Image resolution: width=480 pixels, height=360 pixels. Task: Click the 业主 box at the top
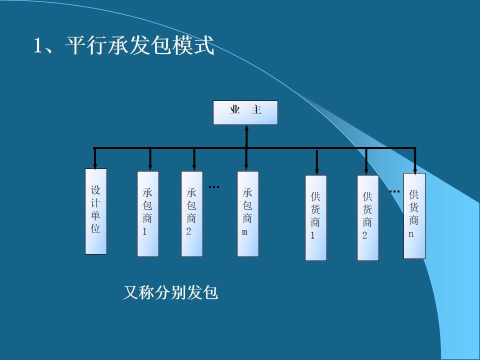tap(245, 112)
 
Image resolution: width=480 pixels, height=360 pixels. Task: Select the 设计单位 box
tap(96, 211)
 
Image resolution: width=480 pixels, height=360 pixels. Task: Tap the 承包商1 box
tap(148, 213)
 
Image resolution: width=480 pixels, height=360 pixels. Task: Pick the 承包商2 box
tap(191, 213)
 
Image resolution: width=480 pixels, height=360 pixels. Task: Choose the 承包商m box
tap(247, 213)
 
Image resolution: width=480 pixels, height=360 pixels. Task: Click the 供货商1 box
tap(315, 217)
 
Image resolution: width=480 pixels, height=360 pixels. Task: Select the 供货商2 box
tap(367, 217)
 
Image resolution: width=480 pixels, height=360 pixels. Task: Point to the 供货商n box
tap(414, 215)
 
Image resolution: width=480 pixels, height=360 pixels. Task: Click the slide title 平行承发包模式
tap(124, 46)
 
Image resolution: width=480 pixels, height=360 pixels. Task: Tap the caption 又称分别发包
tap(170, 292)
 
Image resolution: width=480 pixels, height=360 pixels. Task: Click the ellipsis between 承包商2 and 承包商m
tap(214, 187)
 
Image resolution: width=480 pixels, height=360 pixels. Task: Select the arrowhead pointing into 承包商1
tap(150, 166)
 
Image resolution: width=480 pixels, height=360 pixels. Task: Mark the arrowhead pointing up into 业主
tap(246, 129)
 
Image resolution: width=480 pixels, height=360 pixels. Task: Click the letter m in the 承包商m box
tap(245, 232)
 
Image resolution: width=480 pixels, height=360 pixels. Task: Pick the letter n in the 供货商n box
tap(411, 234)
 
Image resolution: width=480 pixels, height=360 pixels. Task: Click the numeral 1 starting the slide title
tap(37, 46)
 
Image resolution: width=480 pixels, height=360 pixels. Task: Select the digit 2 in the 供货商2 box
tap(364, 236)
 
